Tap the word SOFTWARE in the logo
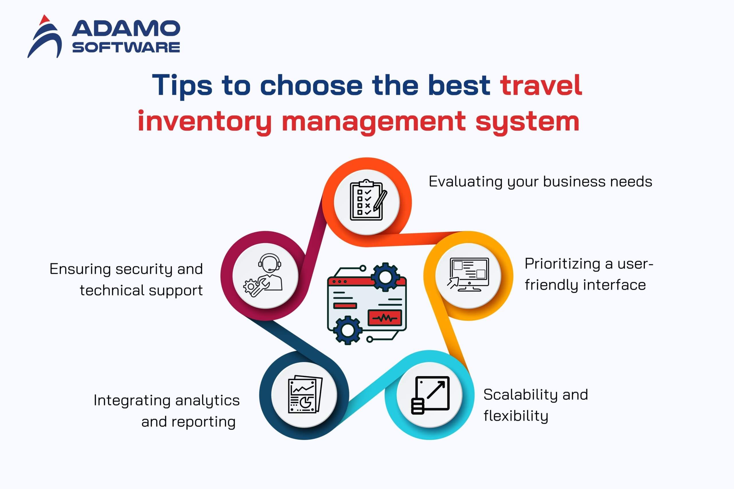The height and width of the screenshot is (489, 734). click(x=126, y=47)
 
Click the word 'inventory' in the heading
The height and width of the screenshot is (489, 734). click(x=205, y=122)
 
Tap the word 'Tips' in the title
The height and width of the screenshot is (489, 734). click(x=182, y=85)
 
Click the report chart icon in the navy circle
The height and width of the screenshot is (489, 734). click(x=305, y=394)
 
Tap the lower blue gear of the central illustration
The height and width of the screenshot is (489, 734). click(x=348, y=330)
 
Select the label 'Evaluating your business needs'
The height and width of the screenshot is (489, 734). click(x=540, y=182)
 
